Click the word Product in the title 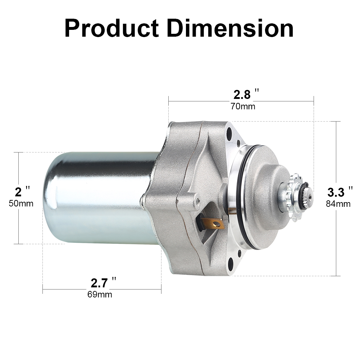[x=111, y=28]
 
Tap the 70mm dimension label [x=243, y=106]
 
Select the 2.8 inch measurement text [x=242, y=95]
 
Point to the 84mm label [x=338, y=204]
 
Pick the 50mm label [x=21, y=204]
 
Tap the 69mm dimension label [x=100, y=295]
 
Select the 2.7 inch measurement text [x=99, y=283]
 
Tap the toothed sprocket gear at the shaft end [x=296, y=196]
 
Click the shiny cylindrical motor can [x=97, y=198]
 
